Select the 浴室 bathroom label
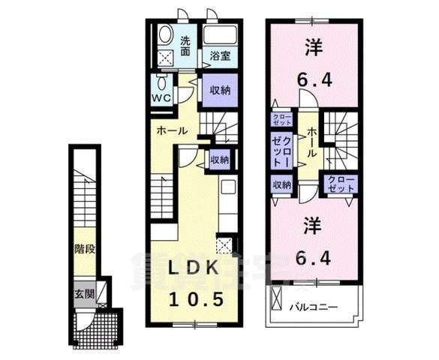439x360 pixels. (x=219, y=55)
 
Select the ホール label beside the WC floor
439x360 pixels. (x=172, y=130)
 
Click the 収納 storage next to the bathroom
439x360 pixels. (x=219, y=91)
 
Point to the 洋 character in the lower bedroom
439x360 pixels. (x=313, y=223)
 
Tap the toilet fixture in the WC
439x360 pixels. (x=161, y=82)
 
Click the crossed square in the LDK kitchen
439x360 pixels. (x=223, y=244)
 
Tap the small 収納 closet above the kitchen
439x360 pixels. (x=220, y=159)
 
